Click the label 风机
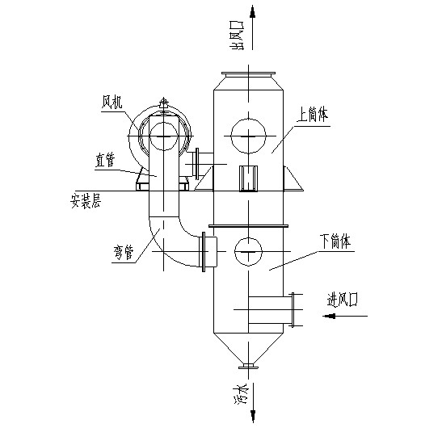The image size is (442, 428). pyautogui.click(x=112, y=102)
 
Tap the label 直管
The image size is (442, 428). pyautogui.click(x=105, y=161)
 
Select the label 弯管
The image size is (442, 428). pyautogui.click(x=124, y=253)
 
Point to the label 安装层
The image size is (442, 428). pyautogui.click(x=86, y=200)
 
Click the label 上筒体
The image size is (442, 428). pyautogui.click(x=313, y=115)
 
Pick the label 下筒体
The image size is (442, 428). pyautogui.click(x=335, y=241)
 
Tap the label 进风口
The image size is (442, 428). pyautogui.click(x=343, y=300)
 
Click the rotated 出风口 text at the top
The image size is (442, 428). pyautogui.click(x=237, y=36)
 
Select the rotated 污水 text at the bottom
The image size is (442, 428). pyautogui.click(x=241, y=393)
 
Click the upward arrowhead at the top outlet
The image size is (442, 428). pyautogui.click(x=253, y=11)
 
